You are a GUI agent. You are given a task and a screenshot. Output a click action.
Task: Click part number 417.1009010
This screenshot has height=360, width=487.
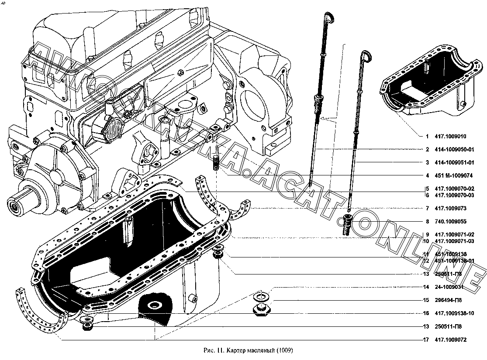click(454, 136)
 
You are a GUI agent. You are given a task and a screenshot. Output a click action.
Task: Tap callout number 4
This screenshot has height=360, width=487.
click(427, 176)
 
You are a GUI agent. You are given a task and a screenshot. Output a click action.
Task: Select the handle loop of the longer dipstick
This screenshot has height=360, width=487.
click(328, 17)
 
